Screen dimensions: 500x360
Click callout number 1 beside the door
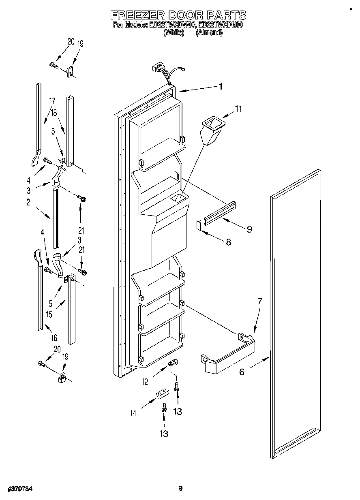point(221,86)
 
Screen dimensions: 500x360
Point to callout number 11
point(238,109)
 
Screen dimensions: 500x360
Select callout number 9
point(249,229)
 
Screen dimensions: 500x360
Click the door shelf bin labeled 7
point(228,353)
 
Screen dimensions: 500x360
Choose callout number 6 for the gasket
point(242,372)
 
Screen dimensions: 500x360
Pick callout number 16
point(54,337)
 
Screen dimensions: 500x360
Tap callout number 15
point(49,314)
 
